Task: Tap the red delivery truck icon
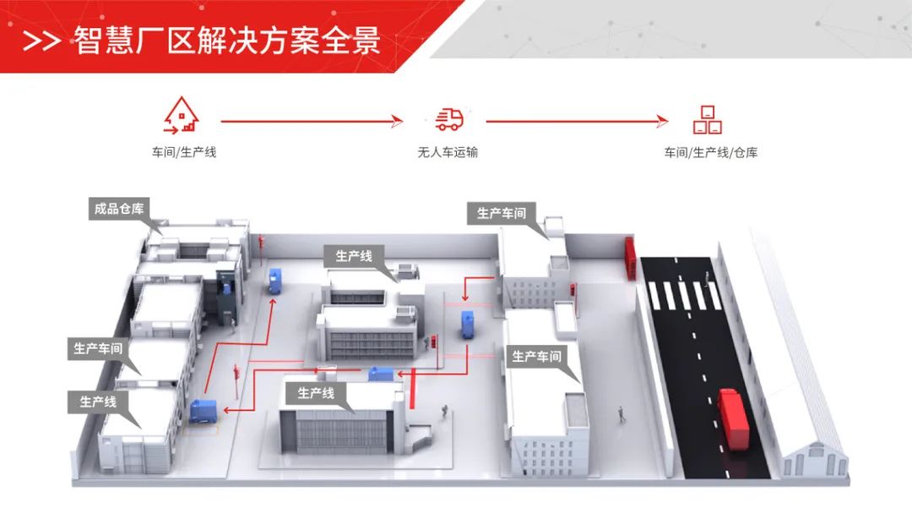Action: pyautogui.click(x=449, y=119)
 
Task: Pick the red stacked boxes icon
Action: pyautogui.click(x=707, y=119)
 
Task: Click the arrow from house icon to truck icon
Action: pyautogui.click(x=312, y=122)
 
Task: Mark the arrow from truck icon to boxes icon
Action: pyautogui.click(x=578, y=122)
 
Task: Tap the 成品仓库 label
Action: pyautogui.click(x=120, y=209)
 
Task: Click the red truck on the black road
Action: pyautogui.click(x=732, y=418)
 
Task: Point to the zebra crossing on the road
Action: pyautogui.click(x=685, y=295)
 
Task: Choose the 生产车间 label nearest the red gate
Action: pyautogui.click(x=501, y=213)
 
